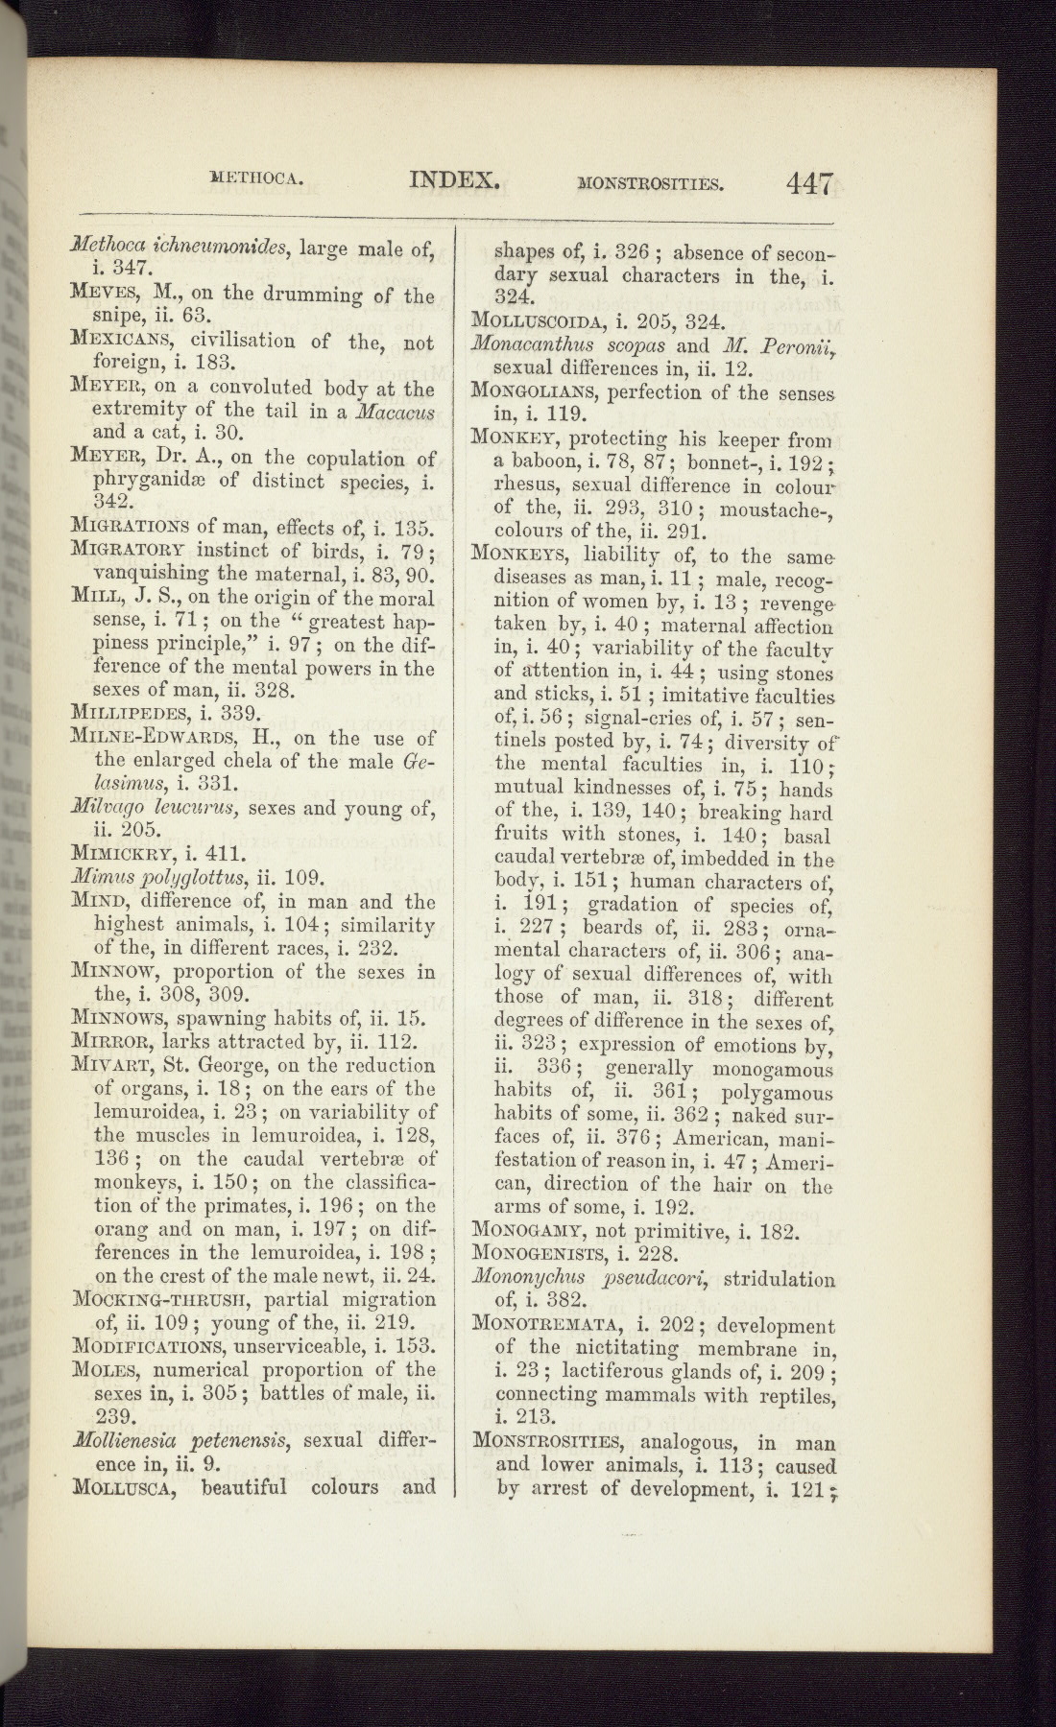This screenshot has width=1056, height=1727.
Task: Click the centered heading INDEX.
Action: click(x=455, y=178)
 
